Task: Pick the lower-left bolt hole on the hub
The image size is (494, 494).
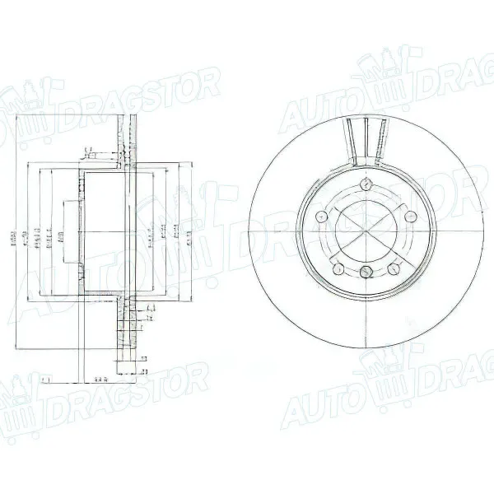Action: point(337,268)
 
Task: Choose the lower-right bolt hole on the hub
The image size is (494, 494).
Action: point(394,268)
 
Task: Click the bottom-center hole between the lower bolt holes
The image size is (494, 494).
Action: point(365,270)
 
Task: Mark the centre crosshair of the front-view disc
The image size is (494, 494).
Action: point(365,232)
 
